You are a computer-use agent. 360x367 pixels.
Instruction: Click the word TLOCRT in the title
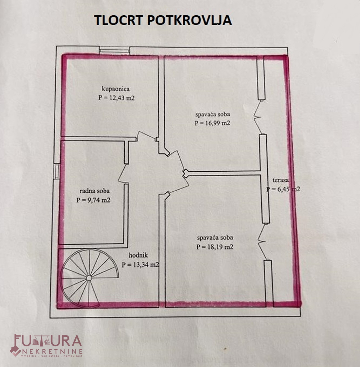[118, 20]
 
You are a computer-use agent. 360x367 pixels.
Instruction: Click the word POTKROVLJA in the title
[189, 20]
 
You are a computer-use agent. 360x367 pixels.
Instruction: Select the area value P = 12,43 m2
[116, 98]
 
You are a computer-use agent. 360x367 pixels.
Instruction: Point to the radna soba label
[94, 191]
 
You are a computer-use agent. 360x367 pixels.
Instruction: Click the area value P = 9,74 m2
[93, 200]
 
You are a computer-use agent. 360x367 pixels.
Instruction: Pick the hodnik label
[138, 255]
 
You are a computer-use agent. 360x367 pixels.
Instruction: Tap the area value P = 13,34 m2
[140, 265]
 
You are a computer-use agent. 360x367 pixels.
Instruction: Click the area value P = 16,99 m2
[212, 123]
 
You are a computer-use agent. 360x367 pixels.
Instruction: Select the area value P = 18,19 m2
[215, 247]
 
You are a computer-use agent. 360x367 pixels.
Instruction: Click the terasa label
[281, 180]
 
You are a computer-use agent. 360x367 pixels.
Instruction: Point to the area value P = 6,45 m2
[283, 189]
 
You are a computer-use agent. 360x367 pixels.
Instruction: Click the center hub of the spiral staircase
[89, 278]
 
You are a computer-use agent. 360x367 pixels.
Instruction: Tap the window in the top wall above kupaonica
[114, 50]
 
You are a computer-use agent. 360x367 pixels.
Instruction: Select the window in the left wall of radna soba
[57, 172]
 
